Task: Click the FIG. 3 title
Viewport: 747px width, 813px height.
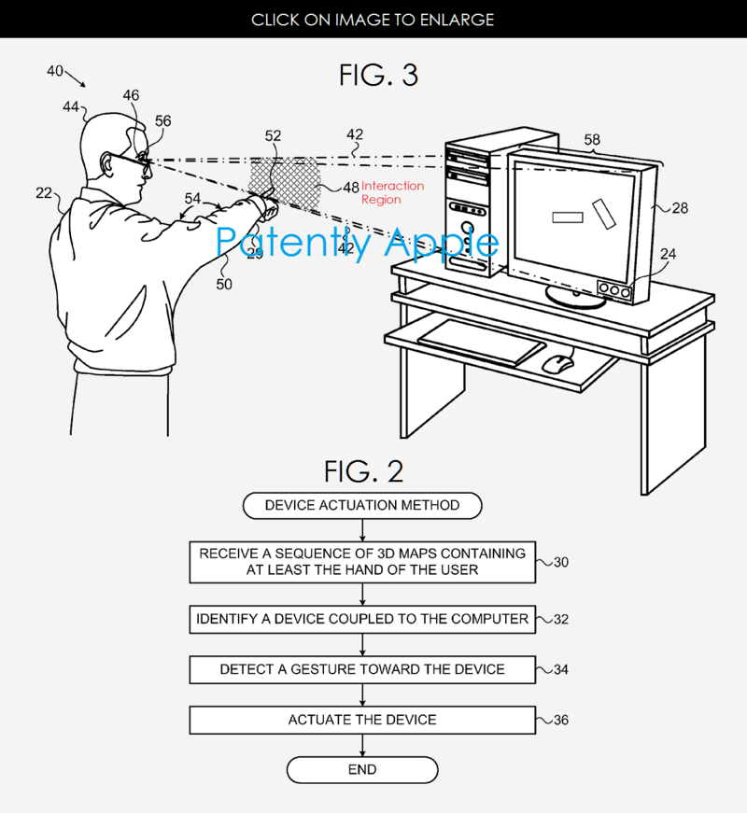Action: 378,76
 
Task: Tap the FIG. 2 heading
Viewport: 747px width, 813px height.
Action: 364,471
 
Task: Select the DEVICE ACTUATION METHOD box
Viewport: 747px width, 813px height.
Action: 362,506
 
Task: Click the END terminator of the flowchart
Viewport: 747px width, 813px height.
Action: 362,770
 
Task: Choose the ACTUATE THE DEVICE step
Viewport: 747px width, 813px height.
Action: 362,720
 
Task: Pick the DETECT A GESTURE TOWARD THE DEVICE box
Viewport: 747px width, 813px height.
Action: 362,669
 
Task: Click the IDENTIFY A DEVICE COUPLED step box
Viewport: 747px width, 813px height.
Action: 362,619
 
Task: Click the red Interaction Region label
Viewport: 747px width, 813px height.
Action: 392,192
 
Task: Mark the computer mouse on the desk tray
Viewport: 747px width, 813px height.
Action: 557,363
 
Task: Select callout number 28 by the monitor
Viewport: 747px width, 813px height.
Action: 680,208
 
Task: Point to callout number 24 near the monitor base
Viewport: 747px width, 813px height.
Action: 668,253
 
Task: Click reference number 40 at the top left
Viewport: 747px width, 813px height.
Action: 55,71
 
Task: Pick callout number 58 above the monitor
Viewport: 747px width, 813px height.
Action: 592,140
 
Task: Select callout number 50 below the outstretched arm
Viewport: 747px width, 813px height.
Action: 224,285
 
